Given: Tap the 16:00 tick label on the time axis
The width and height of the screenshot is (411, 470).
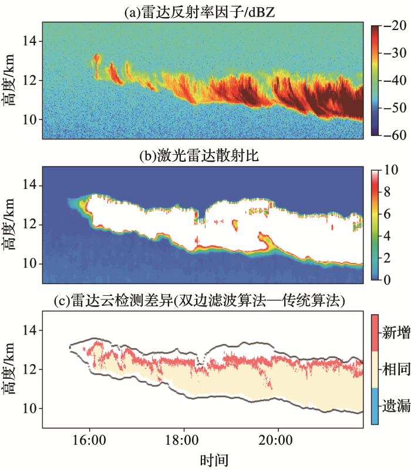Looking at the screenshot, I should (x=89, y=439).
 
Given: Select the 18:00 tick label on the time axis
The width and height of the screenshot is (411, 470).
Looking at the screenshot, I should (x=183, y=439).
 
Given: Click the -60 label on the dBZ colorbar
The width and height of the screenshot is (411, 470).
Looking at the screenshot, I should (x=391, y=135).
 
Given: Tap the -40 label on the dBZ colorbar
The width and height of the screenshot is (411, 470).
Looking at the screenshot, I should (x=391, y=81).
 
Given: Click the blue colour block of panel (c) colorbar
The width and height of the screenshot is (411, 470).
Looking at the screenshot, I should (x=374, y=406).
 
